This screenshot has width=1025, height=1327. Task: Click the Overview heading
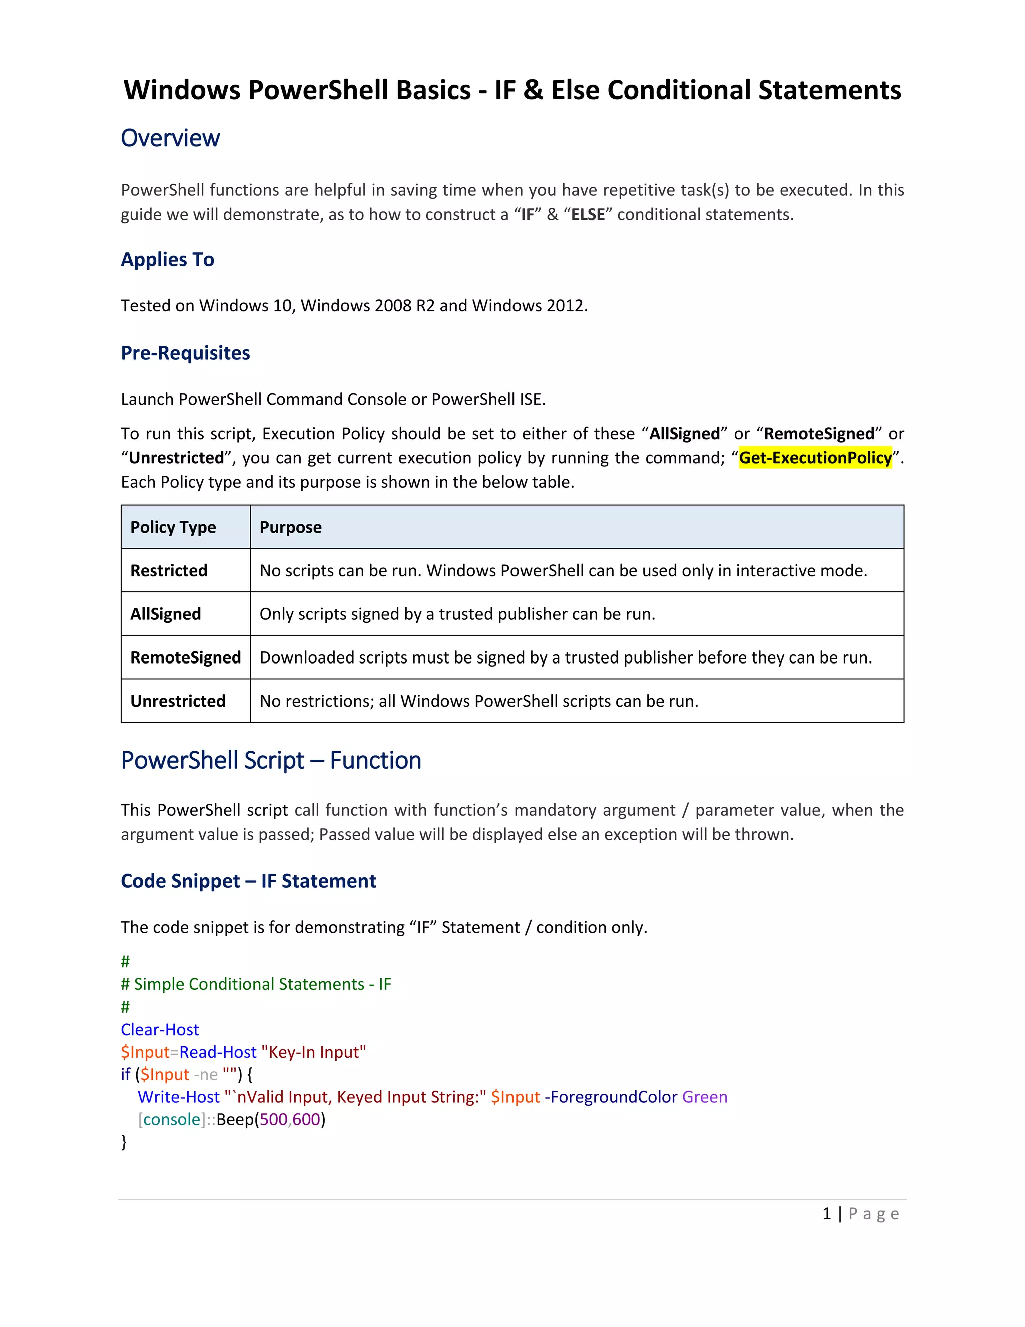click(x=170, y=139)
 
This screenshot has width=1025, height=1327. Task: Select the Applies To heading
click(x=167, y=259)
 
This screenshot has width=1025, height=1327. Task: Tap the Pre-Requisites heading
click(x=185, y=353)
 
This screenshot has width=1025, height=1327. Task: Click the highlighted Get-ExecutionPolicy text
click(x=815, y=458)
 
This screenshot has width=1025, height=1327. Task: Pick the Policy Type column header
click(x=173, y=527)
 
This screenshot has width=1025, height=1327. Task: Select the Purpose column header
click(x=290, y=527)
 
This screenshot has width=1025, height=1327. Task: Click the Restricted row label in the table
click(x=169, y=570)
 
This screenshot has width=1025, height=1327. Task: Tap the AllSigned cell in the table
click(x=165, y=614)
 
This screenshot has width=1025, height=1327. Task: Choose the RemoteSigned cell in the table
click(x=185, y=657)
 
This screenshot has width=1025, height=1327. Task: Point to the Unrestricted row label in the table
click(x=177, y=701)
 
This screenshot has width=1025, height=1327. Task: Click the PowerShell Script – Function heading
click(x=271, y=761)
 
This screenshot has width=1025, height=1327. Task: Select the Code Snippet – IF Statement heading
click(x=248, y=881)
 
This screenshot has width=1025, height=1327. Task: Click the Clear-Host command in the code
click(x=160, y=1029)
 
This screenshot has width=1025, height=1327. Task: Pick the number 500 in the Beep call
click(x=273, y=1119)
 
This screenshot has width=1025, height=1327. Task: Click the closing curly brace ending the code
click(x=124, y=1142)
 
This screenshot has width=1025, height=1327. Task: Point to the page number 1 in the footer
click(x=826, y=1214)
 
